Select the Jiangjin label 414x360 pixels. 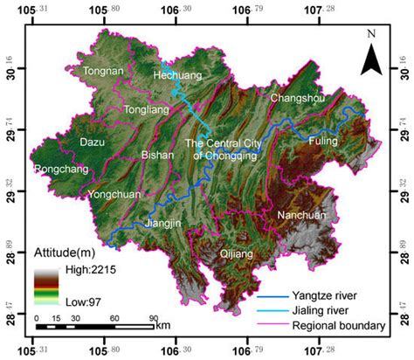(163, 223)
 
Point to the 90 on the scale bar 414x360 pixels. (153, 317)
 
